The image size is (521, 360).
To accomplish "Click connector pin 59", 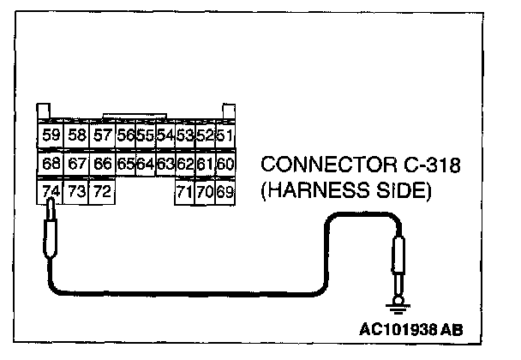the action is (51, 135).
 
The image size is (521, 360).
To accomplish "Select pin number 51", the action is (226, 135).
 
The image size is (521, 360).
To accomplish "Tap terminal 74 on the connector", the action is (51, 191).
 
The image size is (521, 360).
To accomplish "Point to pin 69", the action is (226, 191).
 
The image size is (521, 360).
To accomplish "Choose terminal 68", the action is (51, 163).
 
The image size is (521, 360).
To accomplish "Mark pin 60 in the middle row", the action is (226, 163).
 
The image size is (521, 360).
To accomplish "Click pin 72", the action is (102, 191).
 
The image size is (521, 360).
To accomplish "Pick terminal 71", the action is (184, 191).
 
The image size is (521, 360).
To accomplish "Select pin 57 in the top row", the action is (102, 135).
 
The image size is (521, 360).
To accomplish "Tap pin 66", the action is (102, 163).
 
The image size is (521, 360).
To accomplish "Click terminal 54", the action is (165, 135).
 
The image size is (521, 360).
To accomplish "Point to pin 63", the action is (165, 163).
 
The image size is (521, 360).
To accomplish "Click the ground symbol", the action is (397, 303).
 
